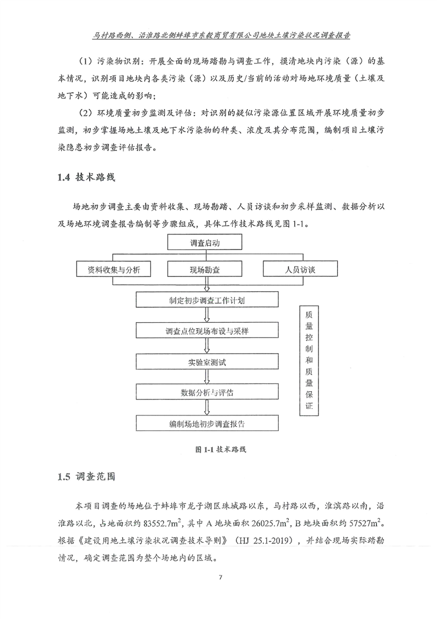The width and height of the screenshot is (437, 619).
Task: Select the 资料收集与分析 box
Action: (114, 270)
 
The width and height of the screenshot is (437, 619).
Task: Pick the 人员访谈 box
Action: (300, 270)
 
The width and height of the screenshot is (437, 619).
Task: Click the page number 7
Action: (219, 578)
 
